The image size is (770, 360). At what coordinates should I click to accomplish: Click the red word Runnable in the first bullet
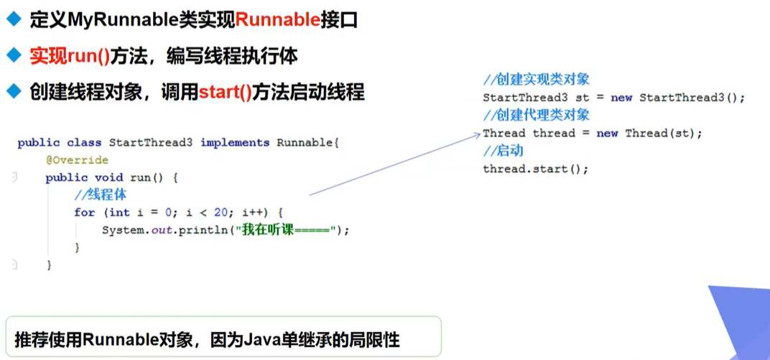[277, 20]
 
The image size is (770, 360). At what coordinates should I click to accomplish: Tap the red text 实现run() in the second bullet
[69, 56]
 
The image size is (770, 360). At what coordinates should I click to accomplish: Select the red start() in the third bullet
[225, 92]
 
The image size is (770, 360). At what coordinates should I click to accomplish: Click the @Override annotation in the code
[77, 160]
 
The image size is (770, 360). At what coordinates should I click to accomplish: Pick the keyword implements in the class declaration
[234, 142]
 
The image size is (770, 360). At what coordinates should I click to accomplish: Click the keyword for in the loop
[84, 212]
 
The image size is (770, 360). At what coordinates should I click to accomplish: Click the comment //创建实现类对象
[536, 80]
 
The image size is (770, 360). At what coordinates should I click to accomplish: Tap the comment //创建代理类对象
[536, 115]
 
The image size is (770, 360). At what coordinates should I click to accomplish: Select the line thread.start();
[535, 169]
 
